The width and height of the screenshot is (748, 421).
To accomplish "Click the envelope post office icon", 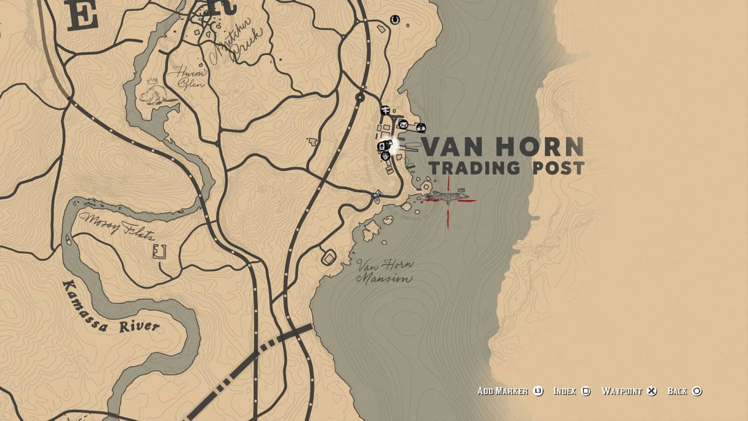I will (403, 125).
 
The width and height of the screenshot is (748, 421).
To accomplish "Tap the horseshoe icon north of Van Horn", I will (395, 20).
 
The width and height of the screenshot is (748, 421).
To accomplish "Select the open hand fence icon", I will (385, 156).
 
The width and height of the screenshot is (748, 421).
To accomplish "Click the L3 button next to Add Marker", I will (538, 391).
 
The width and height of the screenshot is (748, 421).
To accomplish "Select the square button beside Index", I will (586, 391).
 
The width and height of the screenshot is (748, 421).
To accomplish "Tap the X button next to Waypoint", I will (652, 391).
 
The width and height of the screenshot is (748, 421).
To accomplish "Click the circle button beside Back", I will (697, 391).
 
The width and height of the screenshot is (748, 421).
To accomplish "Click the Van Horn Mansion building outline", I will (328, 257).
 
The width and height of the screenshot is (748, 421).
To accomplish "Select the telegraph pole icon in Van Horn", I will (385, 111).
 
